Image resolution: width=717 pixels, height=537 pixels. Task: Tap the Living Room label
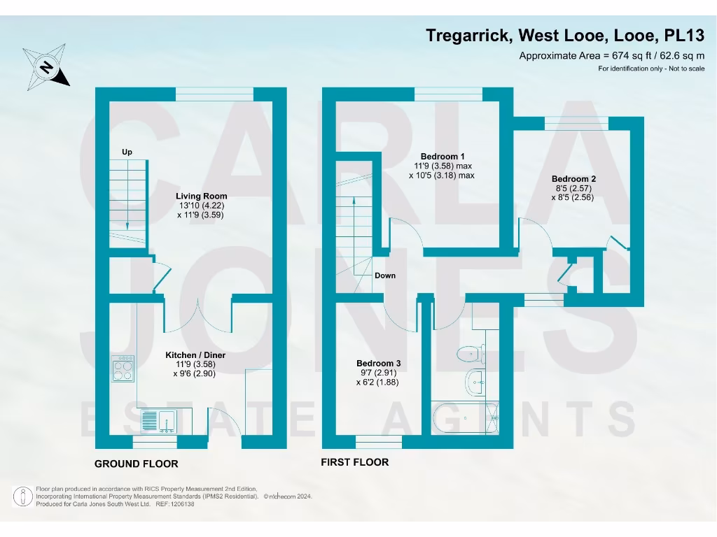[x=201, y=196]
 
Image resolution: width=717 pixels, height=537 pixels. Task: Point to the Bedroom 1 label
[x=442, y=156]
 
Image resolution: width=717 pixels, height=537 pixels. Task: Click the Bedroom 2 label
[x=573, y=179]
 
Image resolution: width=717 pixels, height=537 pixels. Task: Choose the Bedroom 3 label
[x=378, y=364]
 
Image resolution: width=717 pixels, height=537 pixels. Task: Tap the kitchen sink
[x=158, y=420]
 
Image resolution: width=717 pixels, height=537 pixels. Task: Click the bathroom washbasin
[x=474, y=381]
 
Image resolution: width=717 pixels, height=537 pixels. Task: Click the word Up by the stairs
[x=127, y=152]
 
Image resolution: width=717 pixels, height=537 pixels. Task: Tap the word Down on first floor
[x=385, y=275]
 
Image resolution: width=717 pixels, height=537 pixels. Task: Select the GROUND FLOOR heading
[x=137, y=464]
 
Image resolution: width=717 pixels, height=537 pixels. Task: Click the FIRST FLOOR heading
[x=354, y=462]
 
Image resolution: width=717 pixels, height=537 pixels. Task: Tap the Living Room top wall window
[x=214, y=94]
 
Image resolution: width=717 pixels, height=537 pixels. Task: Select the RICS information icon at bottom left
[x=24, y=496]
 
